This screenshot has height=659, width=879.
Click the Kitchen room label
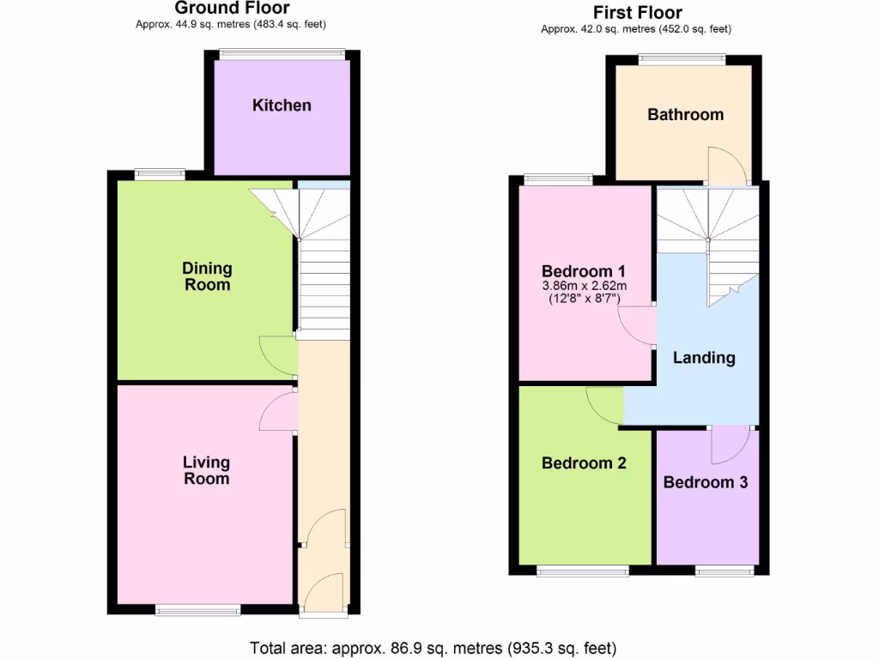[x=282, y=106]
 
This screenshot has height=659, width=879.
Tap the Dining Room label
[x=207, y=276]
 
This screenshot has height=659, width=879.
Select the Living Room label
[x=206, y=470]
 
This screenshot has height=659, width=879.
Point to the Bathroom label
[x=685, y=114]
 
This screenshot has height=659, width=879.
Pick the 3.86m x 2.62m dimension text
[x=585, y=286]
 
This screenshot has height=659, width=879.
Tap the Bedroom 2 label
[x=584, y=463]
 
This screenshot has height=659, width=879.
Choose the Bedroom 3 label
[x=706, y=482]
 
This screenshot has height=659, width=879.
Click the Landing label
[x=704, y=358]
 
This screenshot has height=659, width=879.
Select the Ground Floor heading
[x=232, y=9]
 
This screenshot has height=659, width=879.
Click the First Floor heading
[x=638, y=12]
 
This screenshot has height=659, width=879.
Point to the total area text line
[x=433, y=648]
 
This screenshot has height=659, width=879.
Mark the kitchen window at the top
[x=282, y=54]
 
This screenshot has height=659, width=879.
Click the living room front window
[x=198, y=610]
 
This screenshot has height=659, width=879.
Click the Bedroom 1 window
[x=558, y=179]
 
